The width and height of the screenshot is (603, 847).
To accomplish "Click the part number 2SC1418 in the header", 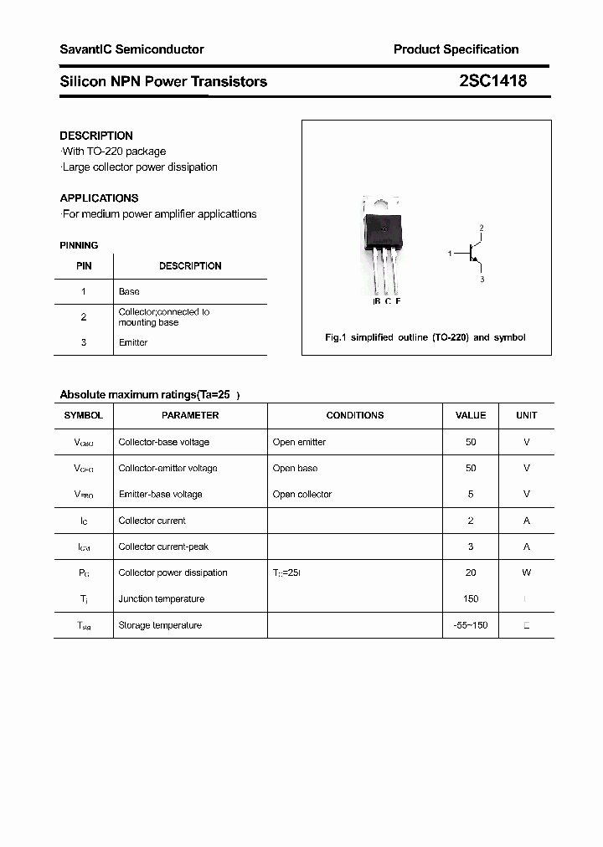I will coord(492,81).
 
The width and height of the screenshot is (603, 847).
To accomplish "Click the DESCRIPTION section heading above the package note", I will coord(96,136).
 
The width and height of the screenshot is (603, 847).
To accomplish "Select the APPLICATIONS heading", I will coord(99,198).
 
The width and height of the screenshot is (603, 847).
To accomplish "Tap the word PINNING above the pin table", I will coord(79,245).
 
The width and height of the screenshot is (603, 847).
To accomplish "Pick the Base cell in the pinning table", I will coord(129,291).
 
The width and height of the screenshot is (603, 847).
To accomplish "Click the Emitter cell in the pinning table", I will coord(133,342).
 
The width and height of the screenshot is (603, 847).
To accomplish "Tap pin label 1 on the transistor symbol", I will coord(450,253).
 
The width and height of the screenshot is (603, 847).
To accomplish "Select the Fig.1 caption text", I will coord(425,337).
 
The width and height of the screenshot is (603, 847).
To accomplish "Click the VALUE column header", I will coord(471,415).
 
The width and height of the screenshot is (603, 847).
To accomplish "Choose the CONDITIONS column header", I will coord(355,415).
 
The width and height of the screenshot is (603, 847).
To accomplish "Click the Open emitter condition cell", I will coord(299,442).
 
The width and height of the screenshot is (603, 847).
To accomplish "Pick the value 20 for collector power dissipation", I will coord(471,572).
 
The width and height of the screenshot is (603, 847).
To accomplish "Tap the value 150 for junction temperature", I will coord(471,598).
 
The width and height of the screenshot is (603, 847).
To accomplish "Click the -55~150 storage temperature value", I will coord(471,625).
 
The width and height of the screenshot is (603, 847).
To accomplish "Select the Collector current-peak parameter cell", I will coord(163,547).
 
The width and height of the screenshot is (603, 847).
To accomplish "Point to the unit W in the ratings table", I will coord(527,572).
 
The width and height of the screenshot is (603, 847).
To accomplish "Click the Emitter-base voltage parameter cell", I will coord(160,494).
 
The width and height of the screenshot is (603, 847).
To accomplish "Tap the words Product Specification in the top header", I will coord(456,49).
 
